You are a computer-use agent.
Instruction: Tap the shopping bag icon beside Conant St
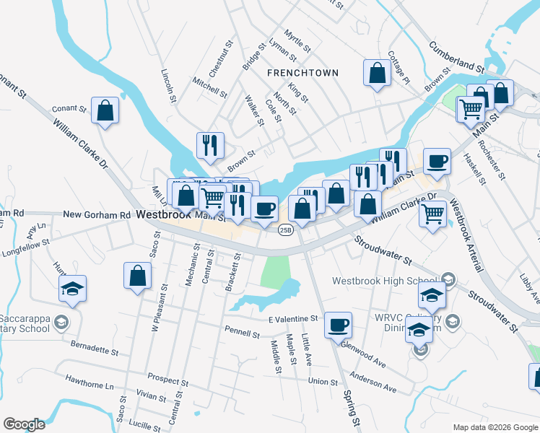click(x=105, y=111)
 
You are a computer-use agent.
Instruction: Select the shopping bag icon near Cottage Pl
click(x=378, y=73)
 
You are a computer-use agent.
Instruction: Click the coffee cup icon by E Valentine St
click(x=337, y=325)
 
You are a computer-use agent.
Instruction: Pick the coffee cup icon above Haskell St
click(x=437, y=161)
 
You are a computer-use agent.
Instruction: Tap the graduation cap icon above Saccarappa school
click(x=73, y=289)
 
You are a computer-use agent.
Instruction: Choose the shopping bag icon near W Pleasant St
click(x=137, y=276)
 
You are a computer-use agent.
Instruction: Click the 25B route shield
click(x=285, y=229)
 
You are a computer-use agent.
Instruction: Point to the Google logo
click(x=24, y=424)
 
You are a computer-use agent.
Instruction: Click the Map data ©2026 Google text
click(x=495, y=427)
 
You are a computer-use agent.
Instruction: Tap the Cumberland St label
click(x=456, y=56)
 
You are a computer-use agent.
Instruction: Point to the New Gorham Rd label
click(x=97, y=215)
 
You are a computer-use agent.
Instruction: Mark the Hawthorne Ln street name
click(x=90, y=377)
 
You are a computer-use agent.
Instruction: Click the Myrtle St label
click(x=297, y=41)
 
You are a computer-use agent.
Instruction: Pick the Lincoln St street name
click(x=169, y=86)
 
